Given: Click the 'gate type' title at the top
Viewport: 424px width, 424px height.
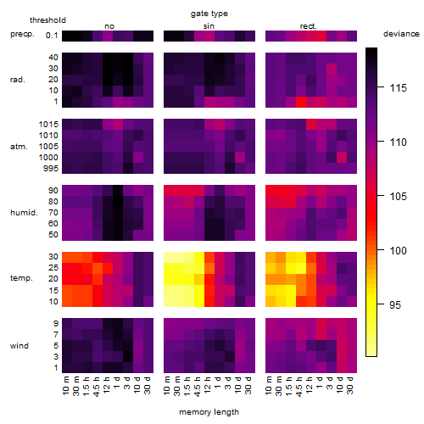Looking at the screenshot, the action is tap(209, 14).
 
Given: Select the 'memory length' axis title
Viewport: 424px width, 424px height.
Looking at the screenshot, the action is tap(209, 412).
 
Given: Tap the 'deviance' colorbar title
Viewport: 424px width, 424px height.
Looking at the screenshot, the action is tap(401, 34).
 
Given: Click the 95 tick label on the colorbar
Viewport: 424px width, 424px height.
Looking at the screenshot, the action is tap(395, 304).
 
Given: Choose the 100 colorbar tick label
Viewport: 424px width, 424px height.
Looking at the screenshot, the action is tap(399, 250).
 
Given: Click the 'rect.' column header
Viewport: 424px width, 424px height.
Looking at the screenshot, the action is tap(309, 26).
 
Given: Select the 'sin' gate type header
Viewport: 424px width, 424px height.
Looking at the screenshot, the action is tap(209, 26).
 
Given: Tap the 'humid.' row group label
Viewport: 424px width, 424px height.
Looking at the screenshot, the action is tap(24, 212).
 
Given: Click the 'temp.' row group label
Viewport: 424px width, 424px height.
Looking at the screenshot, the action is tap(21, 278).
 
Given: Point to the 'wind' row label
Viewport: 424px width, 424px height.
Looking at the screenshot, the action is tap(20, 345).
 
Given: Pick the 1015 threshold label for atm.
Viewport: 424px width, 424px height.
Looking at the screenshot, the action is tap(48, 124).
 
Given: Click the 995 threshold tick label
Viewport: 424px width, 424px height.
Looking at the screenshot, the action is tap(51, 168).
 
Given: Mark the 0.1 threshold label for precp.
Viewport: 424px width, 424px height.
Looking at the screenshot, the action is tap(52, 36).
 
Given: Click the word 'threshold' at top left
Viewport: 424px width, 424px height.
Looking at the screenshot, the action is tap(47, 20).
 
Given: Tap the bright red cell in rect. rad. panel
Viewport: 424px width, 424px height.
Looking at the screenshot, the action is tap(301, 102).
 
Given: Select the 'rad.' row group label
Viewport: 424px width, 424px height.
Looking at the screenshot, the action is tap(18, 80).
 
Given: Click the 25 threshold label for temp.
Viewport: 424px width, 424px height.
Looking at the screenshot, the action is tap(53, 267).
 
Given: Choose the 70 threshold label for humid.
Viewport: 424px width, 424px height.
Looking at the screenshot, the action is tap(53, 212).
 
